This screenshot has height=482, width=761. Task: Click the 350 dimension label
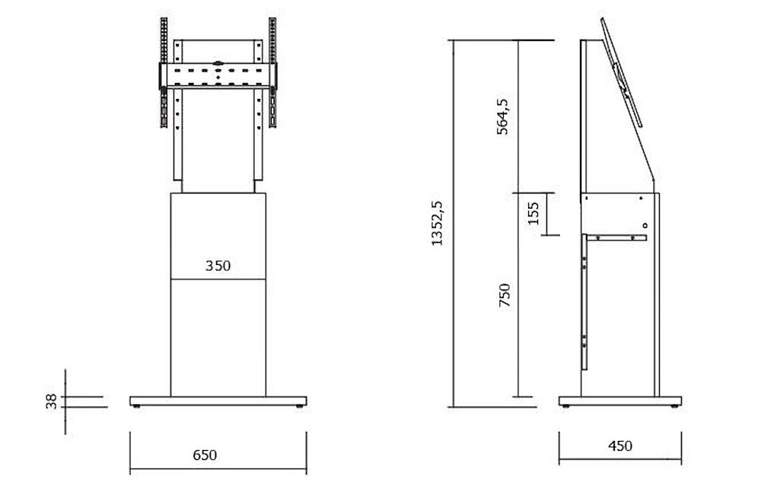pyautogui.click(x=218, y=266)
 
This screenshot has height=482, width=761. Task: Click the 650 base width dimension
pyautogui.click(x=205, y=455)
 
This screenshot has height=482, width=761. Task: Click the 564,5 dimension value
pyautogui.click(x=503, y=117)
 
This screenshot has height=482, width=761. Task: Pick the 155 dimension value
pyautogui.click(x=533, y=214)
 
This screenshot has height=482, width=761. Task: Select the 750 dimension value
pyautogui.click(x=504, y=295)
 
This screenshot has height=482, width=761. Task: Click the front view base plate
pyautogui.click(x=218, y=401)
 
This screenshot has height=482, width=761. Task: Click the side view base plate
pyautogui.click(x=619, y=401)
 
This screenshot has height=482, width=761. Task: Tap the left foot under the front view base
pyautogui.click(x=138, y=407)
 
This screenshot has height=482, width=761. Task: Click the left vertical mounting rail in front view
pyautogui.click(x=163, y=72)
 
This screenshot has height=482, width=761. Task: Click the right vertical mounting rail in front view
pyautogui.click(x=272, y=72)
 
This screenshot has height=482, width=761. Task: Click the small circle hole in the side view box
pyautogui.click(x=645, y=225)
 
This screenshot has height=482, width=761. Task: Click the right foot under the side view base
pyautogui.click(x=673, y=407)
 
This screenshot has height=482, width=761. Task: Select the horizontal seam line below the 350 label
pyautogui.click(x=218, y=279)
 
